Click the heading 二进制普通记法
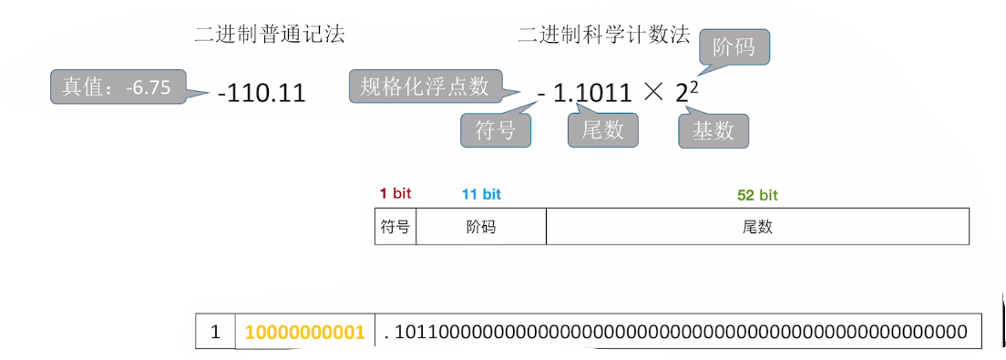click(x=270, y=35)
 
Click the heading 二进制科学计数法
click(x=604, y=35)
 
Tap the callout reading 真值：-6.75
click(x=118, y=87)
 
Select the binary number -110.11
click(x=262, y=95)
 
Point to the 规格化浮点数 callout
click(x=426, y=86)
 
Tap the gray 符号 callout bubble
click(x=496, y=130)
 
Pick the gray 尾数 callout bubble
click(x=602, y=130)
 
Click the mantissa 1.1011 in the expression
click(x=591, y=95)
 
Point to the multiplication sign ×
click(x=652, y=95)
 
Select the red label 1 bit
click(x=395, y=193)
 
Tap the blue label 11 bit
click(x=481, y=193)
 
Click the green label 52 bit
click(x=758, y=194)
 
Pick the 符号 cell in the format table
click(x=395, y=226)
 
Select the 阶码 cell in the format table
click(x=481, y=226)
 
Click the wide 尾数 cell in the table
click(x=758, y=226)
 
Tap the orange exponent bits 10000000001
click(x=304, y=332)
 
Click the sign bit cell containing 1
click(x=216, y=331)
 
